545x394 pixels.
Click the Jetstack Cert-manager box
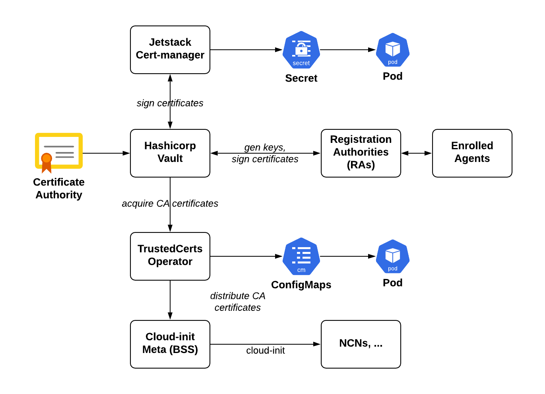pyautogui.click(x=170, y=50)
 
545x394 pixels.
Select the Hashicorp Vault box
pyautogui.click(x=170, y=153)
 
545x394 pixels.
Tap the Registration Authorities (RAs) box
pyautogui.click(x=361, y=153)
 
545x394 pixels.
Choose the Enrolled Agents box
pyautogui.click(x=472, y=153)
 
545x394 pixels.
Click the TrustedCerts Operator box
pyautogui.click(x=170, y=256)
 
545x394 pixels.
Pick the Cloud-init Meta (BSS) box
pyautogui.click(x=170, y=344)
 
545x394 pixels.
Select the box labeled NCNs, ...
pyautogui.click(x=361, y=344)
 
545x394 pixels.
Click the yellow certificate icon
pyautogui.click(x=59, y=150)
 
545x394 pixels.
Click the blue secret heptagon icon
pyautogui.click(x=301, y=50)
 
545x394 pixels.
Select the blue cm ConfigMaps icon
pyautogui.click(x=301, y=256)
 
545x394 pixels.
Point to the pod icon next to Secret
pyautogui.click(x=392, y=50)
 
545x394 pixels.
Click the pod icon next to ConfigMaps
pyautogui.click(x=392, y=256)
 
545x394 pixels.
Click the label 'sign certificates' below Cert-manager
pyautogui.click(x=170, y=103)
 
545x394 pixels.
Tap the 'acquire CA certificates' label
pyautogui.click(x=170, y=203)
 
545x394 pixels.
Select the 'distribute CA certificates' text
pyautogui.click(x=237, y=302)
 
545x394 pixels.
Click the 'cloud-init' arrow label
pyautogui.click(x=265, y=350)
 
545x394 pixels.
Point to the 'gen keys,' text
pyautogui.click(x=265, y=147)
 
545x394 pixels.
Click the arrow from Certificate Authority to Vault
pyautogui.click(x=106, y=153)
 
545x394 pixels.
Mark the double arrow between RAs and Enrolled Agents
pyautogui.click(x=416, y=153)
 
